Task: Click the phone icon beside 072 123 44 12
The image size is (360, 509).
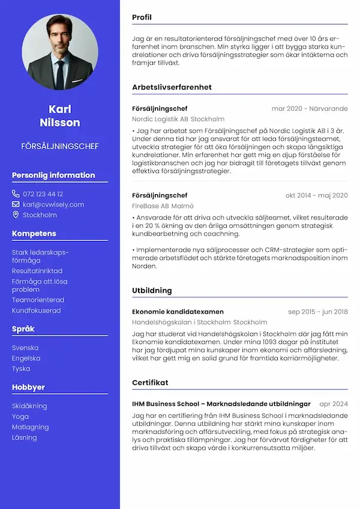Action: click(16, 194)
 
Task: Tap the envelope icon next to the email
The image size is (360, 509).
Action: click(16, 204)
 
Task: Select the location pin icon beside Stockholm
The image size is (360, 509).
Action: click(16, 215)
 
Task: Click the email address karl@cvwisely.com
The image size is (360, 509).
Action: click(53, 204)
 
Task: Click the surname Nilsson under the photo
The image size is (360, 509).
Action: click(59, 122)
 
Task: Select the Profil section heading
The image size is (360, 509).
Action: click(142, 18)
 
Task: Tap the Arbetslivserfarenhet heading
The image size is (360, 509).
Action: click(172, 87)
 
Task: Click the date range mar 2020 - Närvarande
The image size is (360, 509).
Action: click(309, 109)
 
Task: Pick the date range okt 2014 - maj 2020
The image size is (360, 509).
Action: click(316, 195)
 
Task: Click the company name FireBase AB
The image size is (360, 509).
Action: click(150, 206)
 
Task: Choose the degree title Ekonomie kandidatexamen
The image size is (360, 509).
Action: click(178, 312)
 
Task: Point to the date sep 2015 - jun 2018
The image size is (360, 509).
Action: click(317, 312)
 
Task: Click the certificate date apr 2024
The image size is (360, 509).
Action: click(334, 404)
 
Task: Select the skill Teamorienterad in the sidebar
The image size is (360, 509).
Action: click(38, 300)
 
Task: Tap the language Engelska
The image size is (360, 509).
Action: click(26, 358)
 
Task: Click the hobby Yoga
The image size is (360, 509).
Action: click(20, 416)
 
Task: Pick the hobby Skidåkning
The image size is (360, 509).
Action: click(29, 406)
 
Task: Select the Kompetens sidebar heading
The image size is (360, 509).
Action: click(34, 233)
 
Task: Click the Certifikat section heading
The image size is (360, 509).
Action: click(150, 382)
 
